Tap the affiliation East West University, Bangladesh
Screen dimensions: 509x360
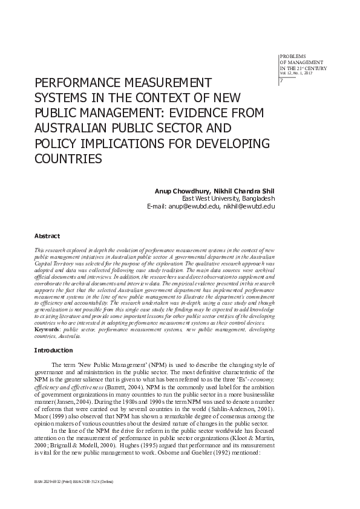[229, 198]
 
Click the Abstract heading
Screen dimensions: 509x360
[47, 236]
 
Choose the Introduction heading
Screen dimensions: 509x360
[53, 351]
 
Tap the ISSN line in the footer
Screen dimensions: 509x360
[74, 481]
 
